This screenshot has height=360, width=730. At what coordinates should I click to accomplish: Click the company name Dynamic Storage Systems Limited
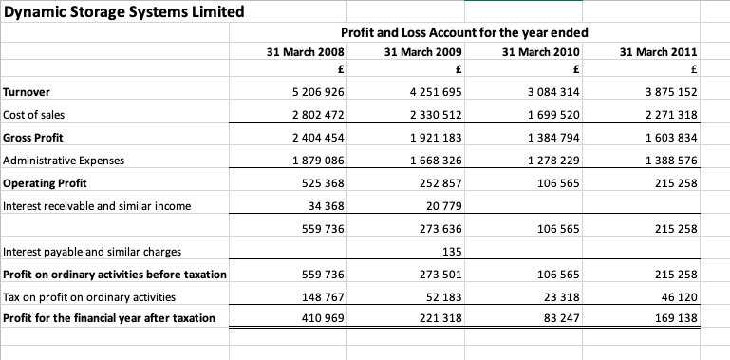(x=123, y=12)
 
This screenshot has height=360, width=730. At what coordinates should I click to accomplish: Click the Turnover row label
(x=28, y=92)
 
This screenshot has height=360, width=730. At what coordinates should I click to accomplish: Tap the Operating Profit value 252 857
(x=442, y=183)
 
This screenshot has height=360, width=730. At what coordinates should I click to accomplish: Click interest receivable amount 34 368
(x=327, y=206)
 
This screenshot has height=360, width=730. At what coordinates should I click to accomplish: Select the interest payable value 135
(x=452, y=252)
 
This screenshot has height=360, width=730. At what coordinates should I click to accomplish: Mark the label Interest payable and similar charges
(x=93, y=252)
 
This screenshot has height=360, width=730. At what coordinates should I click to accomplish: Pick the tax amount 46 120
(x=680, y=297)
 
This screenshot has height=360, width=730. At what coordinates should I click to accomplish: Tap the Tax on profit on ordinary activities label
(x=90, y=297)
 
